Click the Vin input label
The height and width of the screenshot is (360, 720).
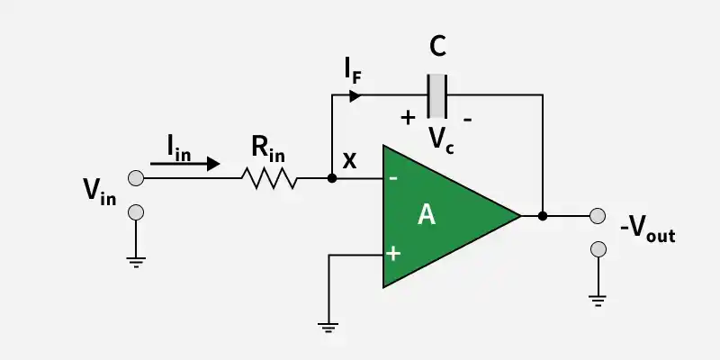99,192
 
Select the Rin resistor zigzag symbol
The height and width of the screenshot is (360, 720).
269,178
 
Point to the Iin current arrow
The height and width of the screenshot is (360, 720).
184,164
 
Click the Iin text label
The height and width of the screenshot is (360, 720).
178,147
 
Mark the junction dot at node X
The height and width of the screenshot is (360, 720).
332,178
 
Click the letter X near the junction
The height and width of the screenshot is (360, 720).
349,162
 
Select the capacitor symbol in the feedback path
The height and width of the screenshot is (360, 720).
437,95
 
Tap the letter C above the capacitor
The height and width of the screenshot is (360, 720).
437,48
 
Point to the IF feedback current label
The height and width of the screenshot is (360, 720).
353,71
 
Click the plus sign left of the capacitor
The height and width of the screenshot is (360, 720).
408,117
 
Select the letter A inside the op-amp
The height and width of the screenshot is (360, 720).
427,215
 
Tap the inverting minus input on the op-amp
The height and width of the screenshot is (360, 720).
393,178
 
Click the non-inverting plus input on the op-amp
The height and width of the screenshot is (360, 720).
393,254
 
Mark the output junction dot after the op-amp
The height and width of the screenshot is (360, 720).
543,216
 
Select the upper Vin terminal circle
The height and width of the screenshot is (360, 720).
135,178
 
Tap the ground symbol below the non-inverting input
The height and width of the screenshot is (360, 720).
329,327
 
